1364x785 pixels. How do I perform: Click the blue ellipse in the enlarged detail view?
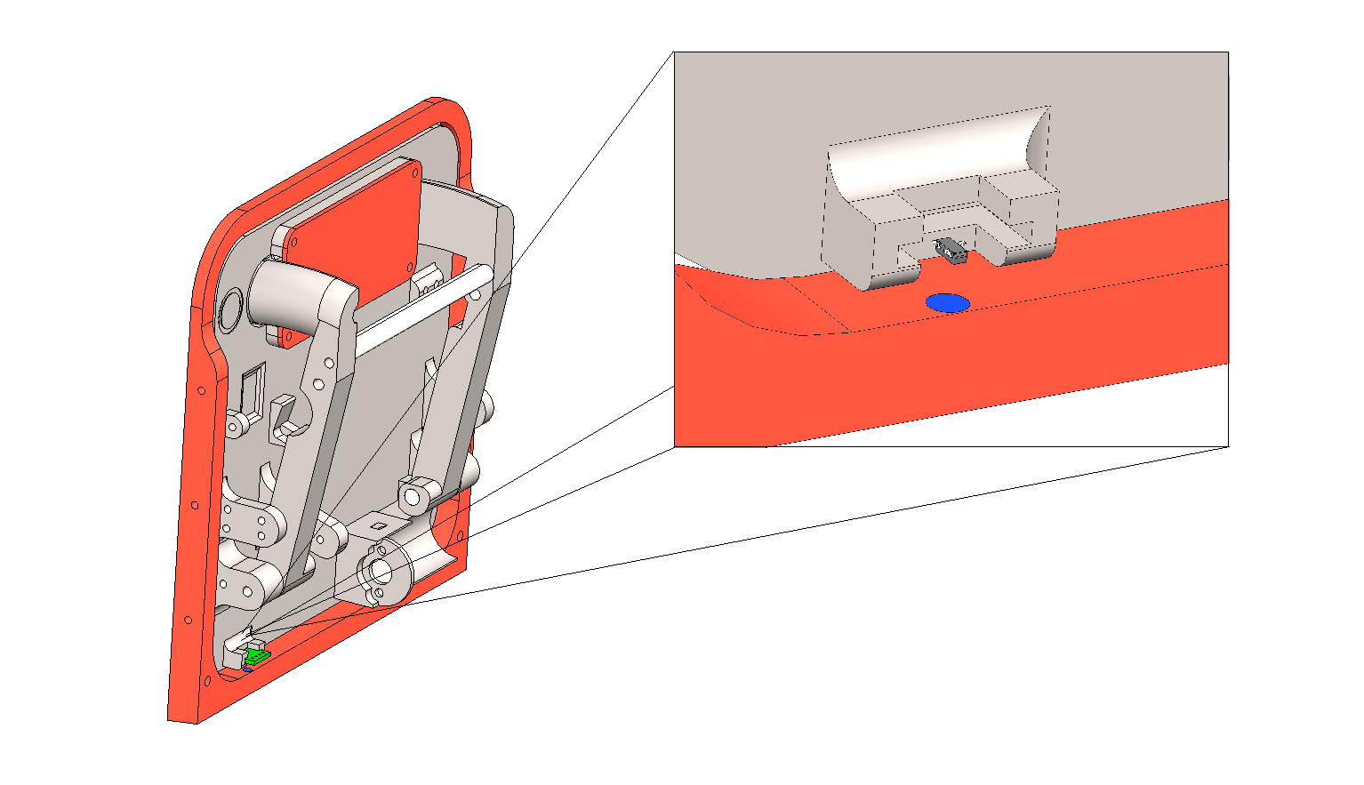[947, 303]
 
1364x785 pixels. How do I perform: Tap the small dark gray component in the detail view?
[952, 251]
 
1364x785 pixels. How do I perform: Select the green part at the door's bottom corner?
[257, 657]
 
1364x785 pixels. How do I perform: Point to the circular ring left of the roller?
[229, 309]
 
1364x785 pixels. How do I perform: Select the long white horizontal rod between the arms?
[418, 307]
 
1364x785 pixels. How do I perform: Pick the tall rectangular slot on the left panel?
[252, 391]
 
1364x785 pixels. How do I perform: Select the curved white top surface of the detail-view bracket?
[934, 156]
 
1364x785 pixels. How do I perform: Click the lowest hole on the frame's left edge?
[206, 681]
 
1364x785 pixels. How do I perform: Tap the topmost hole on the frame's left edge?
[202, 390]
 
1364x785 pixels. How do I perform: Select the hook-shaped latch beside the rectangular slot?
[284, 418]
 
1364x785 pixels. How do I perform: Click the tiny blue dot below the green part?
[248, 669]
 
